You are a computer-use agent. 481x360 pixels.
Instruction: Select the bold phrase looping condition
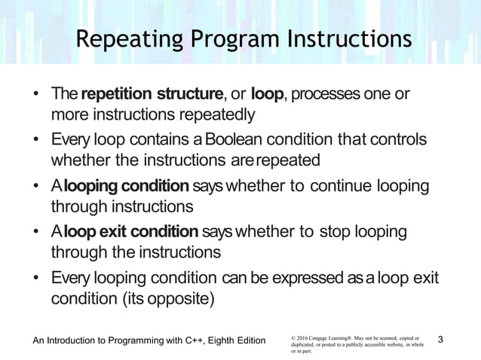126,186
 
